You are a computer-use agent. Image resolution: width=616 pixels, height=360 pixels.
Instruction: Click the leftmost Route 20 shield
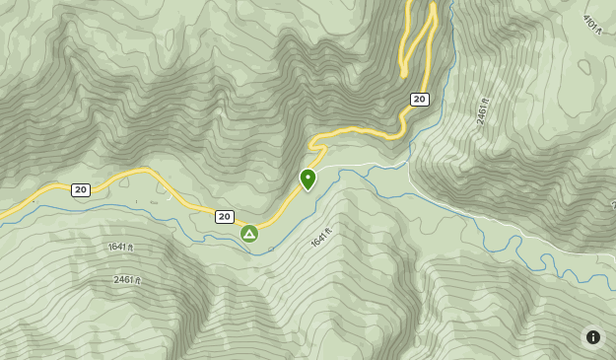[x=81, y=189]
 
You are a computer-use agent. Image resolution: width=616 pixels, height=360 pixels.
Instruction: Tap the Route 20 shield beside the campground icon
[x=225, y=216]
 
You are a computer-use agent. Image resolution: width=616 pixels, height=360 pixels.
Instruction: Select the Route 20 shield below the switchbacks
[x=420, y=99]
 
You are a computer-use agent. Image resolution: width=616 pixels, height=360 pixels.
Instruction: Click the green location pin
[x=308, y=179]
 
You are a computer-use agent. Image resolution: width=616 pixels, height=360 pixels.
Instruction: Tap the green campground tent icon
[x=249, y=234]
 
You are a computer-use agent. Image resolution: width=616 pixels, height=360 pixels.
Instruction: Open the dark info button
[x=592, y=337]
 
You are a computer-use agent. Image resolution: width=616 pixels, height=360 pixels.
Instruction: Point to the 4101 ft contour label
[x=591, y=24]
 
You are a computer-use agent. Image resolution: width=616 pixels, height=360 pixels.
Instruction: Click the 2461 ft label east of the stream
[x=482, y=110]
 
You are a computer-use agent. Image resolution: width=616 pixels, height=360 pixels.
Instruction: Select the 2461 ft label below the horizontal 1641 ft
[x=127, y=280]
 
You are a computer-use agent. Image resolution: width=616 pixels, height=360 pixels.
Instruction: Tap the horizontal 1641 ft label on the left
[x=120, y=247]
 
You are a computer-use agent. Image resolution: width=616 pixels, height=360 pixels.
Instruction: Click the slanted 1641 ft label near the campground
[x=321, y=238]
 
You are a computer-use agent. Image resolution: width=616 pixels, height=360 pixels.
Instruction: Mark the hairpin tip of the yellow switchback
[x=403, y=72]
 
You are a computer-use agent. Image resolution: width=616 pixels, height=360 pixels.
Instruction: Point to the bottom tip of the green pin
[x=308, y=191]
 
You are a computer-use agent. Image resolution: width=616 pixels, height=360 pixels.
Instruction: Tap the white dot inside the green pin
[x=308, y=176]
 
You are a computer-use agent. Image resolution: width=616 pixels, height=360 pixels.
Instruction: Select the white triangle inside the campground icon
[x=249, y=235]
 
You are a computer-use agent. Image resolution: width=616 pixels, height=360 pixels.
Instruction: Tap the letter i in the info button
[x=592, y=337]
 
